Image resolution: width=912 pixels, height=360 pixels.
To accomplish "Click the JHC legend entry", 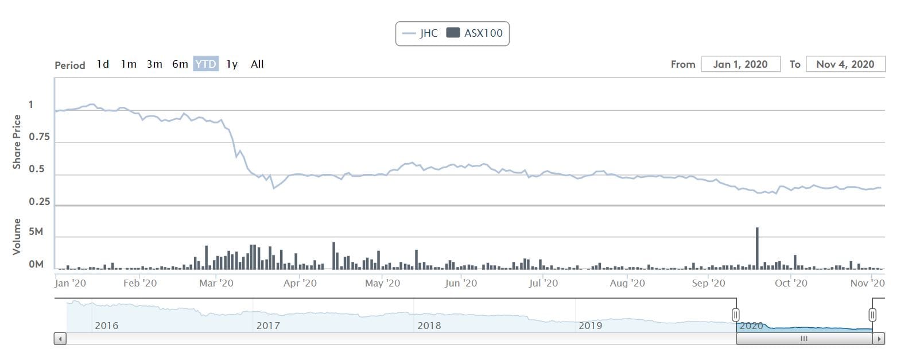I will point(421,33).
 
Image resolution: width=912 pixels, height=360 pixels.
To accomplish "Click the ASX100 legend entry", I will point(475,33).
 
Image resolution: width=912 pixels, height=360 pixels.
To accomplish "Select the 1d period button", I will point(103,64).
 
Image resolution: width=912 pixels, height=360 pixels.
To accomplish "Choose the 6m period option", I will point(180,64).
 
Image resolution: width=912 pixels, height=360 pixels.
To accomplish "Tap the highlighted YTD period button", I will point(205,64).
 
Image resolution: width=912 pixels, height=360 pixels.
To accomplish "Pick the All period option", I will point(257,64).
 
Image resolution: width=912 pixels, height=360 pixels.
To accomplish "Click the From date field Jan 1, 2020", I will point(740,64).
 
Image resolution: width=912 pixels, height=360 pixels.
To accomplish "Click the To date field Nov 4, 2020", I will point(845,64).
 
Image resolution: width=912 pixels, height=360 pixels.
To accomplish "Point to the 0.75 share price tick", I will point(39,137).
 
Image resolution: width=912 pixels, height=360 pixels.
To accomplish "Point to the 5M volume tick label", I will point(36,232).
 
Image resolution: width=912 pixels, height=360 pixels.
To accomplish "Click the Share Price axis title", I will point(17,142).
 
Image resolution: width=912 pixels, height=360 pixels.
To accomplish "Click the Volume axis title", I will point(17,237).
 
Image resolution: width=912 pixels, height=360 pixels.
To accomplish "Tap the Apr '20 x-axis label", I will point(300,283).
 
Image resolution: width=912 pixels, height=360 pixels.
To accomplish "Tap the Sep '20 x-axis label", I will point(708,283).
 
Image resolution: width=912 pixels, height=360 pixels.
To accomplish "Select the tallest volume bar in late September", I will point(757,248).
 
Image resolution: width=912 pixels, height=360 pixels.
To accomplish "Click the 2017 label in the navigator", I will point(268,326).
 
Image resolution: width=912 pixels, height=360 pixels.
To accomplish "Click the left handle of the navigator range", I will point(736,315).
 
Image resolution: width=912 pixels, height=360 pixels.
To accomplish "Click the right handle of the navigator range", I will point(872,315).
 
